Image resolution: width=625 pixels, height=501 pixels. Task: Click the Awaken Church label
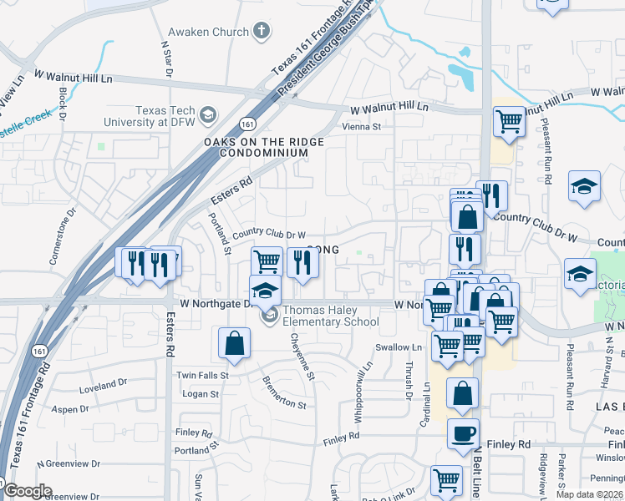[208, 32]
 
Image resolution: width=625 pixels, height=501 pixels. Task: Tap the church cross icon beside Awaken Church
[262, 32]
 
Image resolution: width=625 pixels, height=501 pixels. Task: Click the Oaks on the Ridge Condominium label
[263, 148]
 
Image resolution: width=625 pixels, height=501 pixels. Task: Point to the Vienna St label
[362, 127]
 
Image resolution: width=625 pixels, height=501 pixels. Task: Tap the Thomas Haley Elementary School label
[331, 316]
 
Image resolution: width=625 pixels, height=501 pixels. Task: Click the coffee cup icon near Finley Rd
[463, 433]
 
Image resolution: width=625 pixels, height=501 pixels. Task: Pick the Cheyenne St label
[302, 357]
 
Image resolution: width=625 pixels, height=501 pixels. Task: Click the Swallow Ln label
[399, 347]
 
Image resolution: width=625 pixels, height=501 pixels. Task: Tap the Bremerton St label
[283, 391]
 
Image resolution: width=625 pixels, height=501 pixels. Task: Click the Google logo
[27, 491]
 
